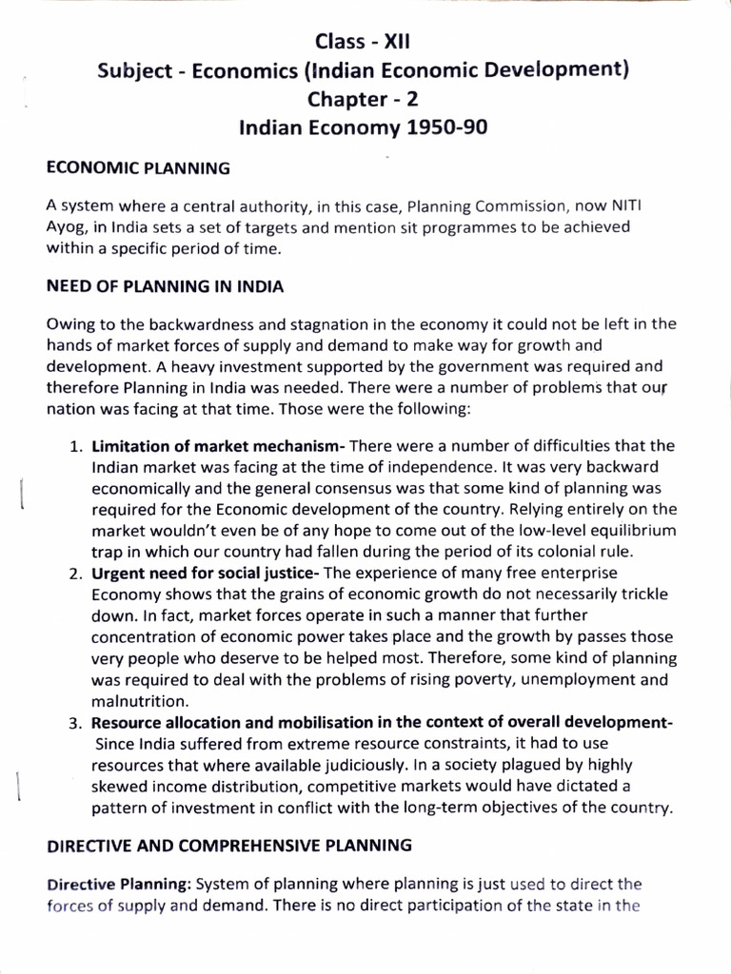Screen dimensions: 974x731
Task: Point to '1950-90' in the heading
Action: tap(449, 127)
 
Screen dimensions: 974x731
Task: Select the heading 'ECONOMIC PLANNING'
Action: tap(138, 169)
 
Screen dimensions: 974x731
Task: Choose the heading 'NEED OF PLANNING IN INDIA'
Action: tap(165, 285)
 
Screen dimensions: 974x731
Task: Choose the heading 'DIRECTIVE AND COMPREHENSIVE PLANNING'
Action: tap(229, 844)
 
